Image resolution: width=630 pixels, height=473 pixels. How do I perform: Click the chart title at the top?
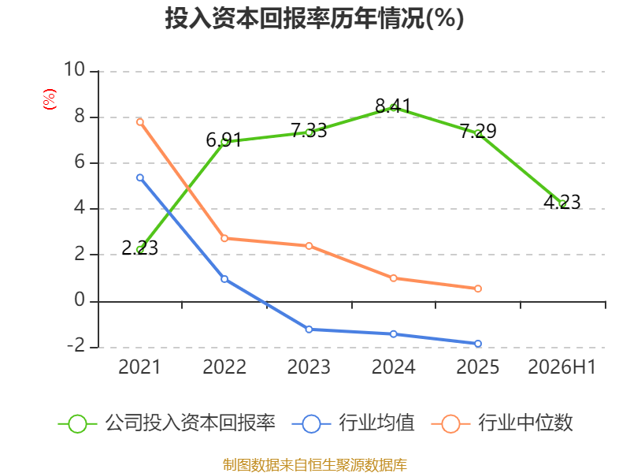tap(314, 18)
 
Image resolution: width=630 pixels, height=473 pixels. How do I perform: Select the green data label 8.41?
tap(393, 106)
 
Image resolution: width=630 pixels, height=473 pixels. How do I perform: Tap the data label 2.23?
tap(140, 248)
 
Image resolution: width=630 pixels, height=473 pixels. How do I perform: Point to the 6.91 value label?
tap(224, 140)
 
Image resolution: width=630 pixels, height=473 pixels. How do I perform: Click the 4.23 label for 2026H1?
tap(562, 202)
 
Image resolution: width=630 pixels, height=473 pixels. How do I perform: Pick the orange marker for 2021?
tap(140, 122)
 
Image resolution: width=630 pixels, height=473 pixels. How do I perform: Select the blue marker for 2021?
tap(140, 177)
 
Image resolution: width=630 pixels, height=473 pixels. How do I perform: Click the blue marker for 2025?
tap(478, 344)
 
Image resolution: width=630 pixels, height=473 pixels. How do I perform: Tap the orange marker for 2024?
tap(393, 278)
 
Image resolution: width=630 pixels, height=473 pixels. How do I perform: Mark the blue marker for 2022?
tap(224, 279)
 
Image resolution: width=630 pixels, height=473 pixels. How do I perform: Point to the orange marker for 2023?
tap(309, 246)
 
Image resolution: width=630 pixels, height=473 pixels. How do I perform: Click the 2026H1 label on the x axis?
tap(561, 367)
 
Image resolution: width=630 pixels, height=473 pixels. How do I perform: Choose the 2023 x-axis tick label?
tap(309, 367)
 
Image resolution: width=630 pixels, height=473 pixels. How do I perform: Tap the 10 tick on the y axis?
tap(74, 69)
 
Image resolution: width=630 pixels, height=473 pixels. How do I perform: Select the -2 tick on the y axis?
tap(76, 346)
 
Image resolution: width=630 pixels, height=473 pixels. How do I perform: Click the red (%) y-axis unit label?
tap(50, 99)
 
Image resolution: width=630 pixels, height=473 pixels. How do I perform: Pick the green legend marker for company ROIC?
tap(77, 424)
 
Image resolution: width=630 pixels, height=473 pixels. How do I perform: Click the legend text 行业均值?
tap(377, 423)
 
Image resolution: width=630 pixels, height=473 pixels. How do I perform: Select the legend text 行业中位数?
tap(525, 423)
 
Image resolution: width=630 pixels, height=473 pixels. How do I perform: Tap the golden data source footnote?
tap(315, 464)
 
